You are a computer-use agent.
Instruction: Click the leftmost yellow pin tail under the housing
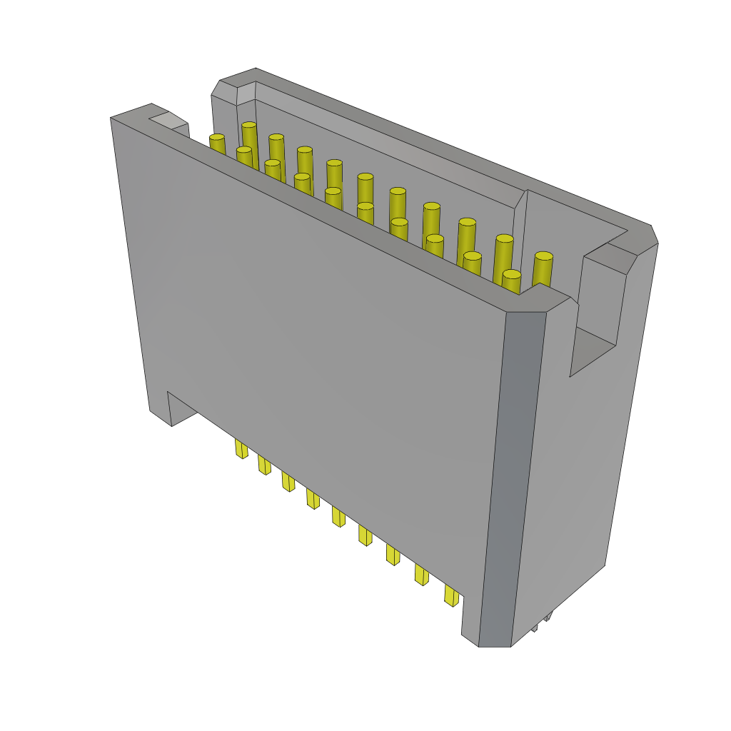[241, 448]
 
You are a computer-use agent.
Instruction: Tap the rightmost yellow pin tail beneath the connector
[450, 595]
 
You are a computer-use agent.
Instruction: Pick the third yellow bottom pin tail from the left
[288, 480]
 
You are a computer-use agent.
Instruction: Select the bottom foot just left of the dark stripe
[470, 621]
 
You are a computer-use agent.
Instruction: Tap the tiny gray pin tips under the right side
[543, 620]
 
